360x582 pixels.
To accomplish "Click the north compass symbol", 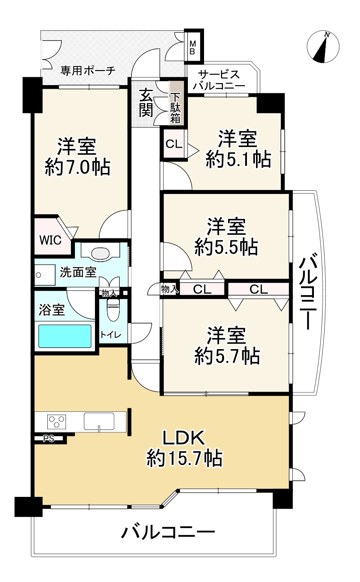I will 323,47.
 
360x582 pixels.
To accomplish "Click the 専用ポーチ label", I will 87,71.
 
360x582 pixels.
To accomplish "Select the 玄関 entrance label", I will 146,103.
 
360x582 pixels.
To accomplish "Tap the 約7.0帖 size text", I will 77,168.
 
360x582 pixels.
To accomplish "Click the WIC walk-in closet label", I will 50,240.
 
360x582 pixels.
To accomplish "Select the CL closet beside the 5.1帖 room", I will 174,144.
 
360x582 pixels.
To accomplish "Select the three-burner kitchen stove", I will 56,422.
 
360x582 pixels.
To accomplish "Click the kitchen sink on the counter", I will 99,421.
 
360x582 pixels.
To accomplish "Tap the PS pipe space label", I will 48,439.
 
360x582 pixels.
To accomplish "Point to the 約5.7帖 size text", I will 227,356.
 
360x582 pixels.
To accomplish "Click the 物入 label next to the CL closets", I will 170,289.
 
